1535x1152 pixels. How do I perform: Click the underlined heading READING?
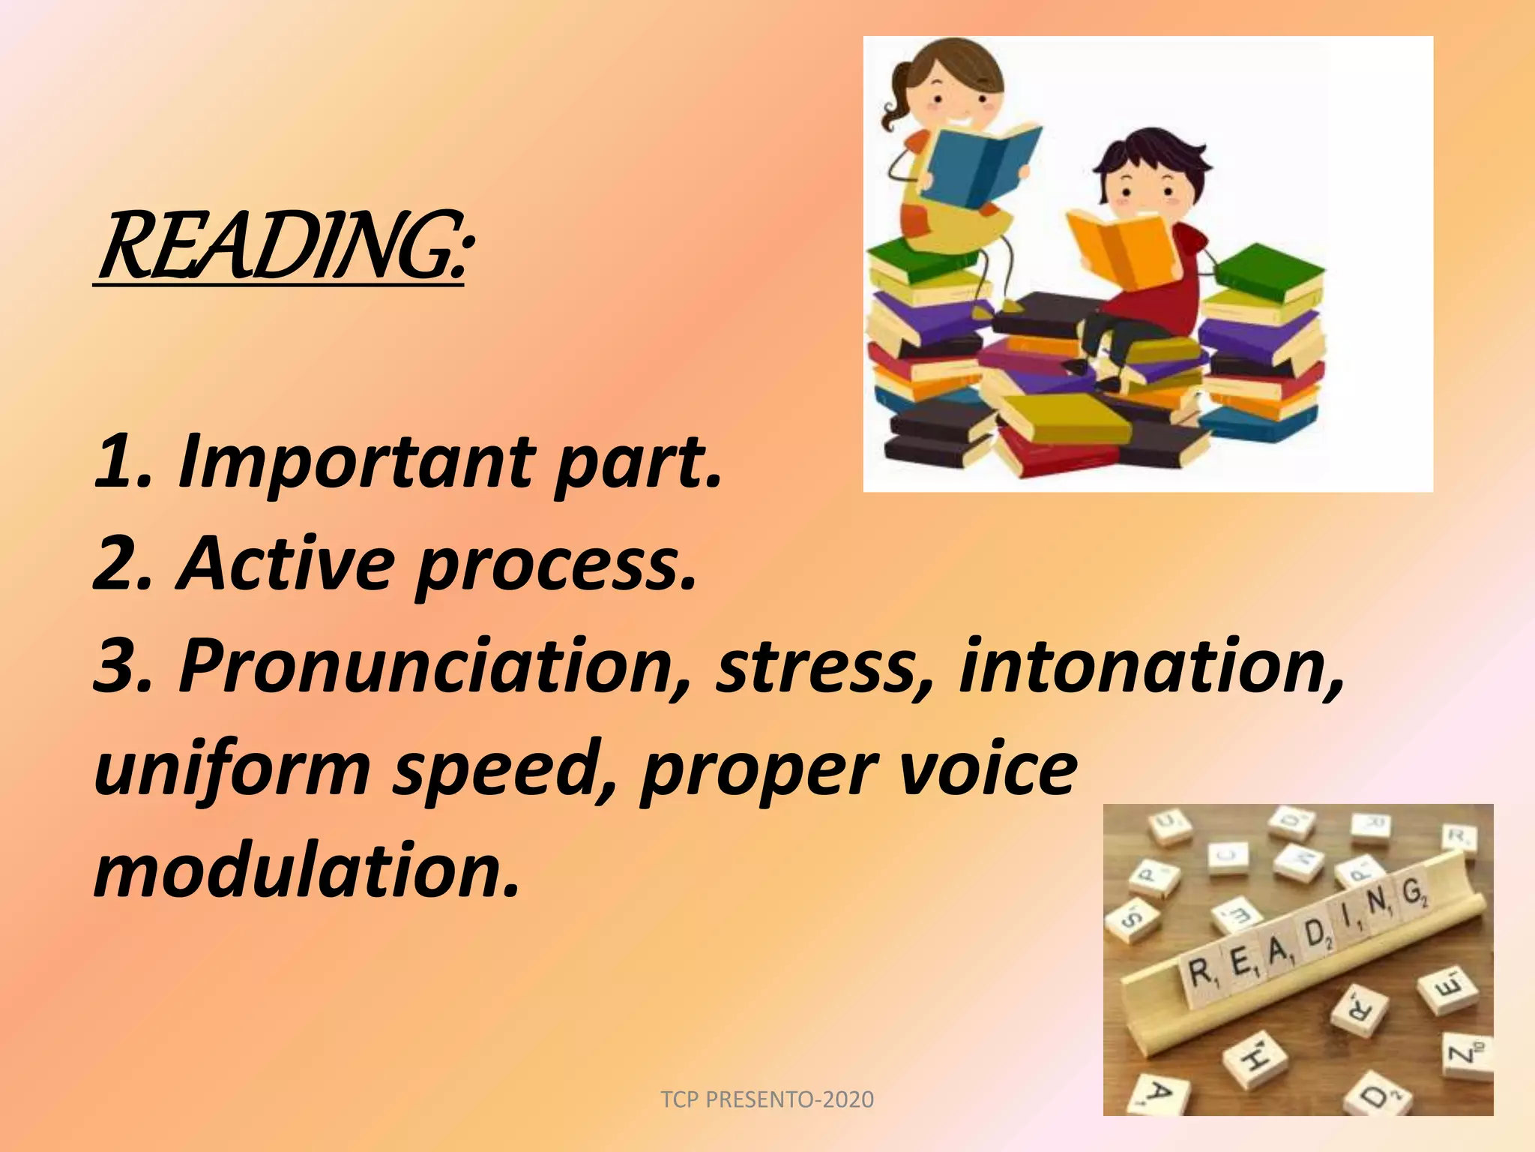click(283, 247)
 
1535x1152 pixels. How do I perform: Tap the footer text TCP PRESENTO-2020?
click(767, 1099)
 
